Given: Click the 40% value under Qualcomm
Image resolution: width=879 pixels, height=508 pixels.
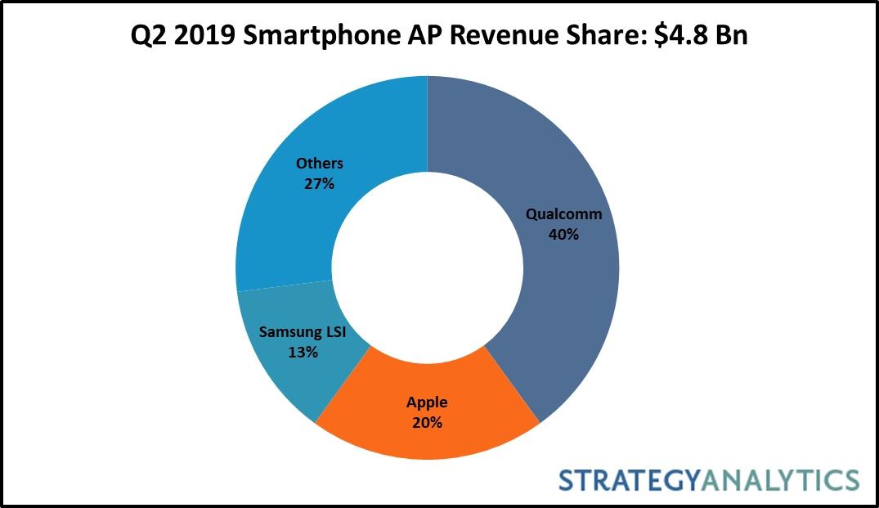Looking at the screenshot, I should [563, 235].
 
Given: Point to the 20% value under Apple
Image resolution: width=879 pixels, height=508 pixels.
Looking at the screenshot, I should [427, 423].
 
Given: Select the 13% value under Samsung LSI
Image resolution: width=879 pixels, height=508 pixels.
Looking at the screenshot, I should [302, 353].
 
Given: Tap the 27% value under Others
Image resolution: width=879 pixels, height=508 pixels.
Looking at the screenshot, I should [319, 184].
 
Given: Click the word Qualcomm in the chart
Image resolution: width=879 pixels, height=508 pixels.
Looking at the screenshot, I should [563, 215].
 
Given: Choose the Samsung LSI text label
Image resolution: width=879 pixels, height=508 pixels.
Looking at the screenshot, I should [302, 332].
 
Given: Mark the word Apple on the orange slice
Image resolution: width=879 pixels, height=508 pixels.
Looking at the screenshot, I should [427, 402].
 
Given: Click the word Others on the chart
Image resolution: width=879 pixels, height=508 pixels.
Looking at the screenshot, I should [319, 164].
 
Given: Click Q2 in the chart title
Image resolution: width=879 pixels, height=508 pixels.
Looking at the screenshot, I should [153, 37].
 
